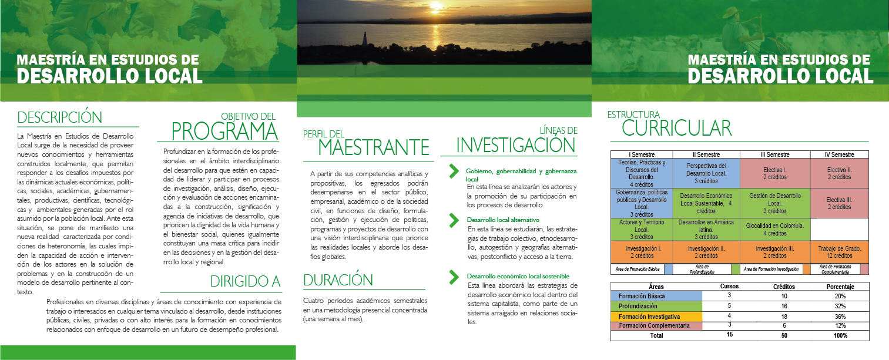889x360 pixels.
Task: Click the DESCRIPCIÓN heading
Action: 60,117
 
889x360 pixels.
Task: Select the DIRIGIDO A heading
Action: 245,281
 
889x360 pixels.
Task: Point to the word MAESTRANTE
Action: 373,146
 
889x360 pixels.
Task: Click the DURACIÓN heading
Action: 338,280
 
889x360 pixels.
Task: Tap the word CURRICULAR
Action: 676,128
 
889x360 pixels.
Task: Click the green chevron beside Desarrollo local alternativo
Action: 454,221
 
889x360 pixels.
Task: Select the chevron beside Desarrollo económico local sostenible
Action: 454,275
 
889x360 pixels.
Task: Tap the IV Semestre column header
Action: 839,154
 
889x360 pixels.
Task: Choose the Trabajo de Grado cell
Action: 839,252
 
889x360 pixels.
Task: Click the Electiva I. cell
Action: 774,173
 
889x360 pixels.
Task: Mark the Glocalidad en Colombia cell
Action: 774,229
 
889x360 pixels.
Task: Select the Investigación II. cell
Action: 706,252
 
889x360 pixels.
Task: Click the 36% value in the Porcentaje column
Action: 840,317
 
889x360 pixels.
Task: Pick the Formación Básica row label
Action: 642,296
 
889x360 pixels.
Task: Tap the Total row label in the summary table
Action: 656,335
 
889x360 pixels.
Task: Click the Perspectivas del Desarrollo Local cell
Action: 706,173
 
